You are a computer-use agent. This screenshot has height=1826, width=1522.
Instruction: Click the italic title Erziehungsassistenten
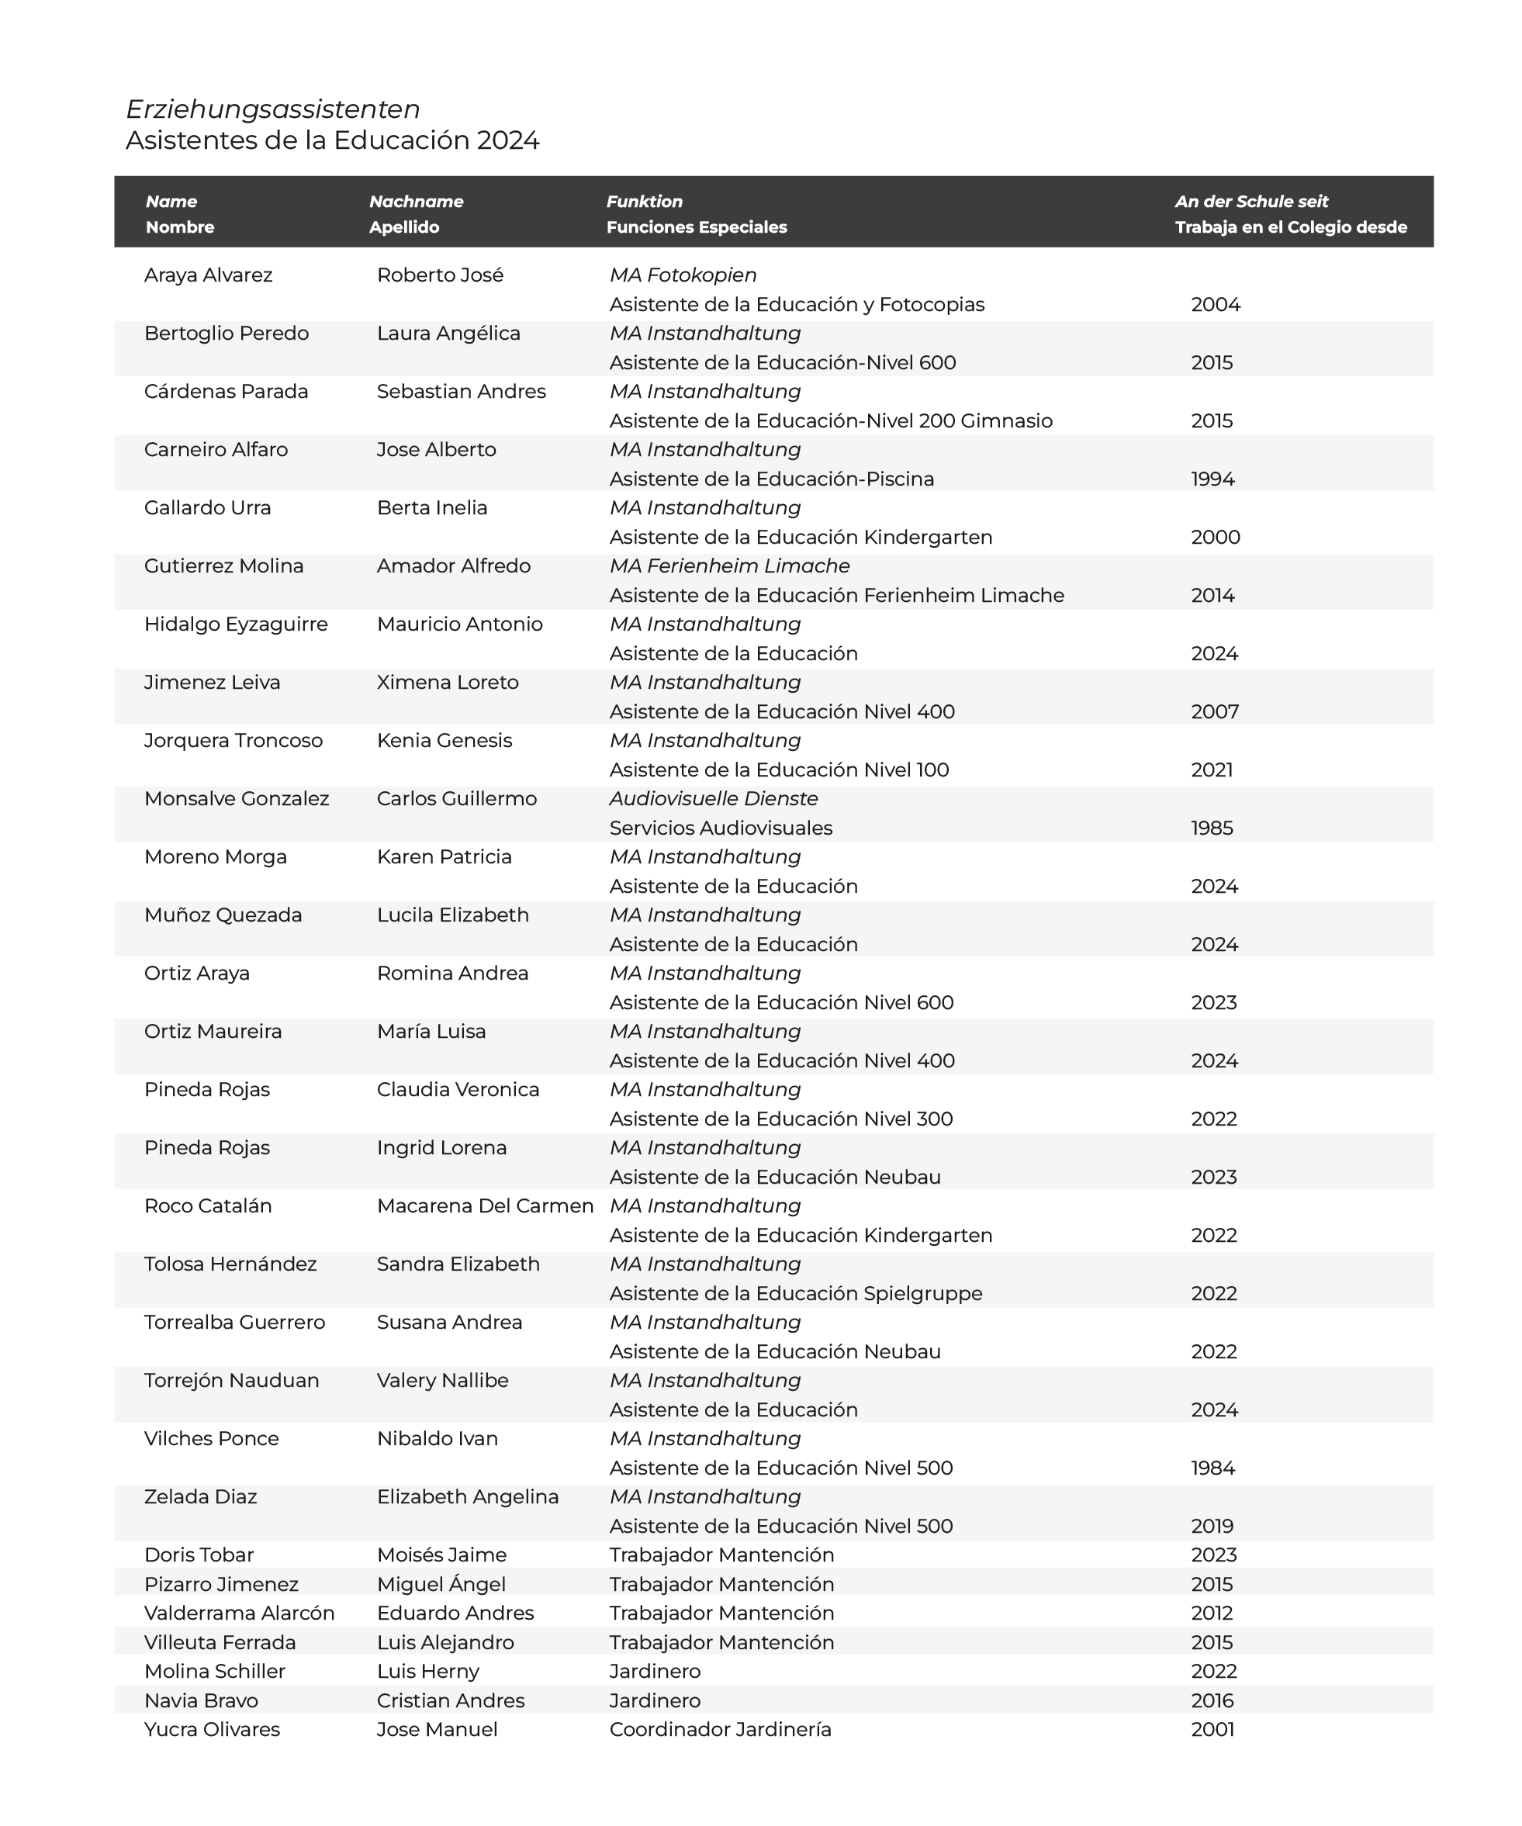tap(272, 109)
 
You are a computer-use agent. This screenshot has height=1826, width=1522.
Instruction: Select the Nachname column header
tap(416, 202)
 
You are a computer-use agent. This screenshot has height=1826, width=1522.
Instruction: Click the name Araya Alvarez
tap(208, 275)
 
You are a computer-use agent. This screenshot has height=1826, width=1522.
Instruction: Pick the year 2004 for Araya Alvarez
tap(1215, 305)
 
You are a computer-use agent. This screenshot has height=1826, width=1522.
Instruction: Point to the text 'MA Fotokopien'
tap(682, 275)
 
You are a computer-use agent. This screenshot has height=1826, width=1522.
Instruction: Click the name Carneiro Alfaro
tap(216, 451)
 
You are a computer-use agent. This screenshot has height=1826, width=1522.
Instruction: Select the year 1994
tap(1212, 479)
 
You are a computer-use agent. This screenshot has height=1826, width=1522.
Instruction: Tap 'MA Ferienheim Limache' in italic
tap(729, 566)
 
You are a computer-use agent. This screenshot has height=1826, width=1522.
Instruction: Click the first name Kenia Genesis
tap(444, 741)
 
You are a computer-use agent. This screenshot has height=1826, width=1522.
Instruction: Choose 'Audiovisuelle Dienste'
tap(713, 799)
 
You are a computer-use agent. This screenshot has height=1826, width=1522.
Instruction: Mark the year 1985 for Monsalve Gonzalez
tap(1212, 828)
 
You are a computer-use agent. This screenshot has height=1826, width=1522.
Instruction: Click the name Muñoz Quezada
tap(223, 915)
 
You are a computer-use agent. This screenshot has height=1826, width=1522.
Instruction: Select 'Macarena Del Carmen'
tap(484, 1206)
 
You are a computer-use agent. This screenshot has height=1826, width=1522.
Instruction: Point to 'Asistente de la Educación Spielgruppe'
tap(795, 1294)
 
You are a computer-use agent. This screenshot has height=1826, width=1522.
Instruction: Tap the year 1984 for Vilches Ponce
tap(1212, 1468)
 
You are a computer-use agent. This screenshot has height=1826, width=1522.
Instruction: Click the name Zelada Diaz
tap(200, 1497)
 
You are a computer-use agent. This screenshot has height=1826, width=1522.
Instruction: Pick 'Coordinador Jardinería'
tap(720, 1730)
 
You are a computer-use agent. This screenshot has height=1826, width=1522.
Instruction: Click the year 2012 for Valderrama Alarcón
tap(1212, 1613)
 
